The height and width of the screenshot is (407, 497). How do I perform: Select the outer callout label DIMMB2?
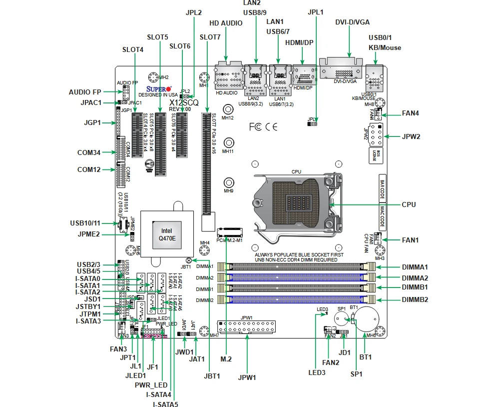coord(415,300)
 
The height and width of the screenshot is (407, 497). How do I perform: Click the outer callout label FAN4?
coord(410,113)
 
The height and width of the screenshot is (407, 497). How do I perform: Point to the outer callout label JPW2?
coord(411,136)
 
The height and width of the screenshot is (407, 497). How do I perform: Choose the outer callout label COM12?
coord(89,169)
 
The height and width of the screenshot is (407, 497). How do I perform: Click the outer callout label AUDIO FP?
coord(85,92)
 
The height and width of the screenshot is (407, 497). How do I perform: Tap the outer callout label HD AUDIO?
coord(226,23)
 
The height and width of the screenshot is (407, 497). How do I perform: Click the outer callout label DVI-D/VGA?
coord(353,22)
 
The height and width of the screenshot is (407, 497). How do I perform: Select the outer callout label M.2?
coord(226,358)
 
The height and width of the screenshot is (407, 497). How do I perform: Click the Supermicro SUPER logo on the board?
coord(159,89)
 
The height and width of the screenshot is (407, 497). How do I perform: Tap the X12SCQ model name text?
coord(184,102)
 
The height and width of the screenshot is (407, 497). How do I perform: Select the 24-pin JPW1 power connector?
coord(247,328)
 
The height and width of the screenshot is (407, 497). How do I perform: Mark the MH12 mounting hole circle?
coord(228,110)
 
